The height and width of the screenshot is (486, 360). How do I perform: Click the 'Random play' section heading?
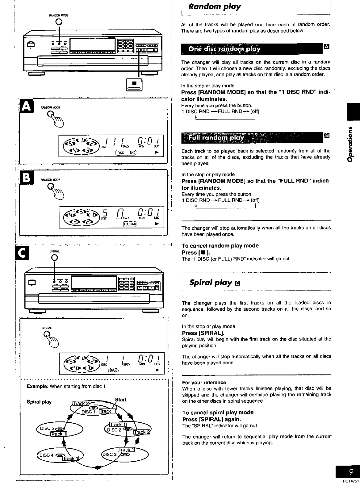pyautogui.click(x=215, y=6)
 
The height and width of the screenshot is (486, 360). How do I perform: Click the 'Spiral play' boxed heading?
pyautogui.click(x=211, y=282)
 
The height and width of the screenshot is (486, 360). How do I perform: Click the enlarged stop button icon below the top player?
pyautogui.click(x=134, y=84)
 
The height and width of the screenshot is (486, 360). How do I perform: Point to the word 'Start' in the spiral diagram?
pyautogui.click(x=121, y=399)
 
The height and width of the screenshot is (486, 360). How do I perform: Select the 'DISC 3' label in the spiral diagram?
pyautogui.click(x=110, y=455)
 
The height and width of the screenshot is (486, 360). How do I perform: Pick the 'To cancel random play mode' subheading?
pyautogui.click(x=220, y=245)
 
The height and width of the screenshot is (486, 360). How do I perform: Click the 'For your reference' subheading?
pyautogui.click(x=204, y=382)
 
